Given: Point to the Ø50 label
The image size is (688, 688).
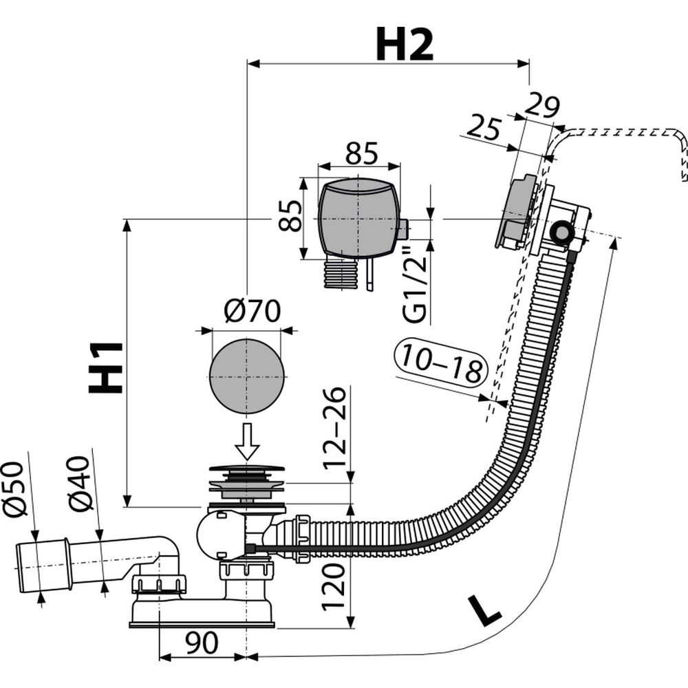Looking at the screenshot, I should click(x=15, y=489).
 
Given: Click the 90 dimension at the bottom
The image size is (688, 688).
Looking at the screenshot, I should click(x=202, y=643).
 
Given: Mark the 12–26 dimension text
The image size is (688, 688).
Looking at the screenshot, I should click(x=335, y=427).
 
